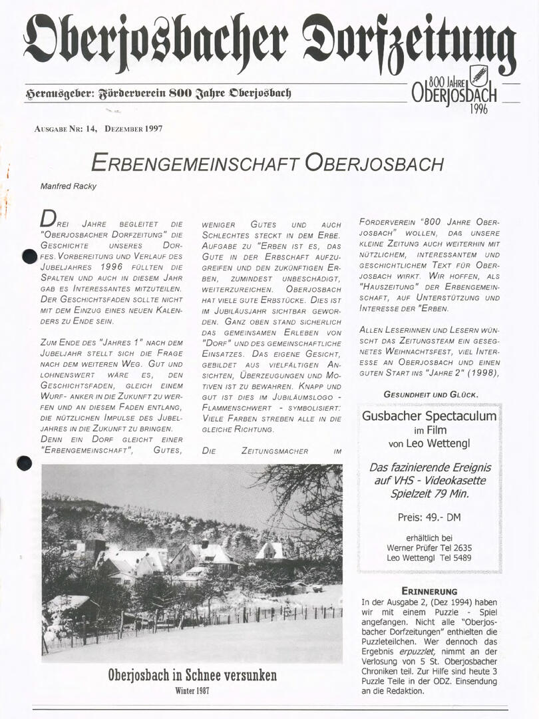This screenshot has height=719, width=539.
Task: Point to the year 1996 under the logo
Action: click(478, 109)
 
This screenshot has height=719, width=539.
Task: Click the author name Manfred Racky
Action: click(68, 186)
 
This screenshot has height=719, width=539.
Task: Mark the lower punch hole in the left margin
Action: click(24, 463)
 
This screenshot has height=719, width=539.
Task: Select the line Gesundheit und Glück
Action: click(431, 394)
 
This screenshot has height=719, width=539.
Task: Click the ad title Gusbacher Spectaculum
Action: click(429, 417)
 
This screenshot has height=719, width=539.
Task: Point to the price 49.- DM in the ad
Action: click(429, 517)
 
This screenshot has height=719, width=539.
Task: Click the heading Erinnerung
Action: click(429, 591)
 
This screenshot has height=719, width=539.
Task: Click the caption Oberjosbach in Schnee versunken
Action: click(192, 676)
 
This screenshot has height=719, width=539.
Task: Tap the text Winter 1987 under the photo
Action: click(192, 691)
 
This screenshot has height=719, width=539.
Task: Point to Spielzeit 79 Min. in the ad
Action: click(429, 494)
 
